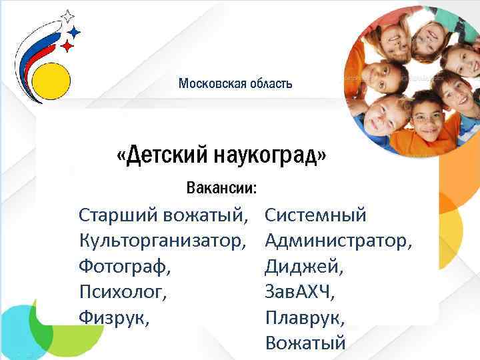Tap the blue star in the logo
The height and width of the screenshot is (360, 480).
click(x=75, y=31)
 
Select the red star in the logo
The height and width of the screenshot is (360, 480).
click(x=67, y=45)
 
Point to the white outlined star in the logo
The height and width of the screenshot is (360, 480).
click(x=67, y=16)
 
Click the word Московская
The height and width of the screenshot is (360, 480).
click(x=211, y=83)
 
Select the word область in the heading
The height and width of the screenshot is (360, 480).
click(x=270, y=83)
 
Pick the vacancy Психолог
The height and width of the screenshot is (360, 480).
click(x=122, y=291)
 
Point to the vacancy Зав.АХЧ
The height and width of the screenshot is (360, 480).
click(x=300, y=291)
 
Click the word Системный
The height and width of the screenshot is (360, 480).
click(x=316, y=215)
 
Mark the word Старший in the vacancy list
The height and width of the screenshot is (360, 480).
click(x=113, y=215)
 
